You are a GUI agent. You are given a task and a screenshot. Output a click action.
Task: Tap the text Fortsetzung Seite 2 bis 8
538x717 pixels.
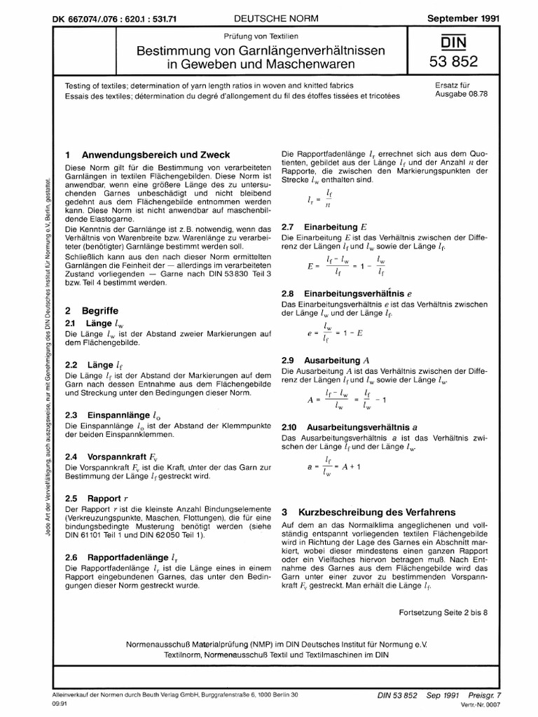(443, 612)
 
